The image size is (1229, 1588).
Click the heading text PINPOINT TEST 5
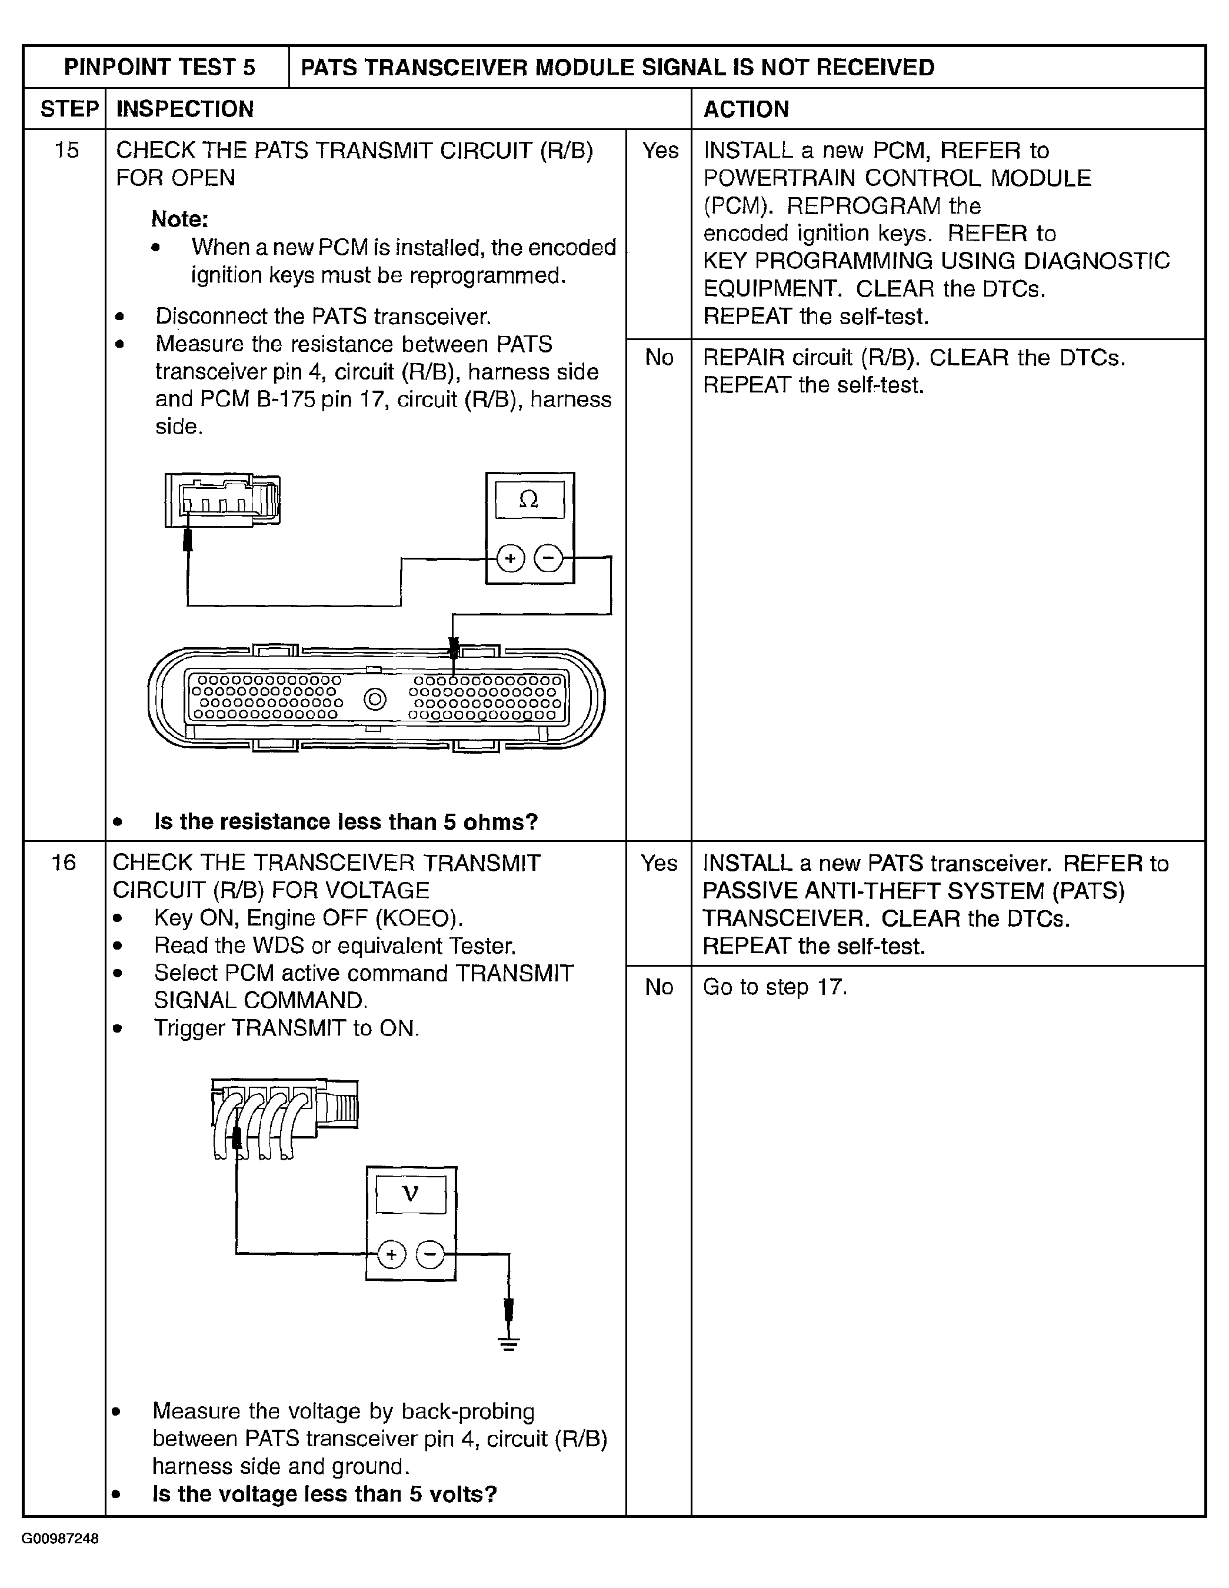159,68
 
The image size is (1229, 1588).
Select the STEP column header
68,109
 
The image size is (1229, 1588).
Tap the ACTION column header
745,109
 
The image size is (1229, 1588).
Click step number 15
66,151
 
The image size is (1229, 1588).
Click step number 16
64,863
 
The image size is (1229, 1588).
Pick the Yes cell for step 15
660,151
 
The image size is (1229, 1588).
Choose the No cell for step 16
659,987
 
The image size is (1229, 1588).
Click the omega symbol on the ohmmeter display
529,500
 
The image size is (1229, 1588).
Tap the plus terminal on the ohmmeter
511,558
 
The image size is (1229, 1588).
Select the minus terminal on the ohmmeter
548,558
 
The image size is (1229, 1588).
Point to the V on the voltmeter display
410,1194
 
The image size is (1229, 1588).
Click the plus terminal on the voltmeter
391,1254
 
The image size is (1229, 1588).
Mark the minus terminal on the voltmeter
430,1254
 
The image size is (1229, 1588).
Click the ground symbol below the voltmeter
509,1343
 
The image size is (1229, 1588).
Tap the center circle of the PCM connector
375,700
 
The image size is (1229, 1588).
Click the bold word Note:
179,219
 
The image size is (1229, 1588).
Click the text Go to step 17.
774,987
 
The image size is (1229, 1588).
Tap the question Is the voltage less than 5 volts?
324,1494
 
